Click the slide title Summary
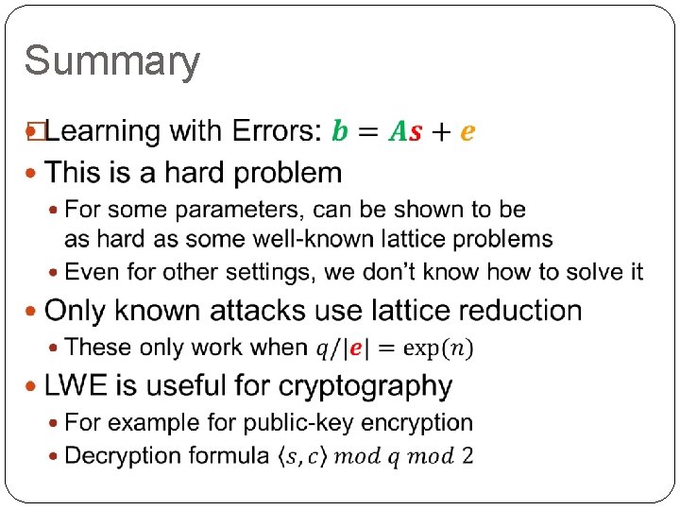111,62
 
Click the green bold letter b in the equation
340,131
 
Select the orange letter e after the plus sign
467,133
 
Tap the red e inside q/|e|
356,348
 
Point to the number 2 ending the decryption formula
467,456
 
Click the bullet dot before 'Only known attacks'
34,311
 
